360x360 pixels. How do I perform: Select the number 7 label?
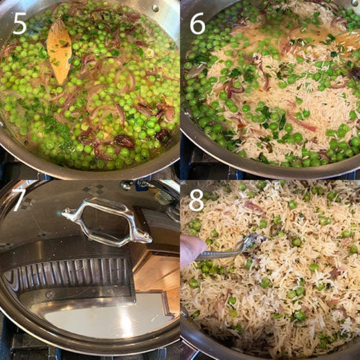pos(19,199)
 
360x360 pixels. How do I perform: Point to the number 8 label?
pos(196,200)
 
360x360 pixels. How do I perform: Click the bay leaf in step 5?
pos(59,52)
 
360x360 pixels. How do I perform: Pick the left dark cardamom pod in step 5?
pos(124,141)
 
